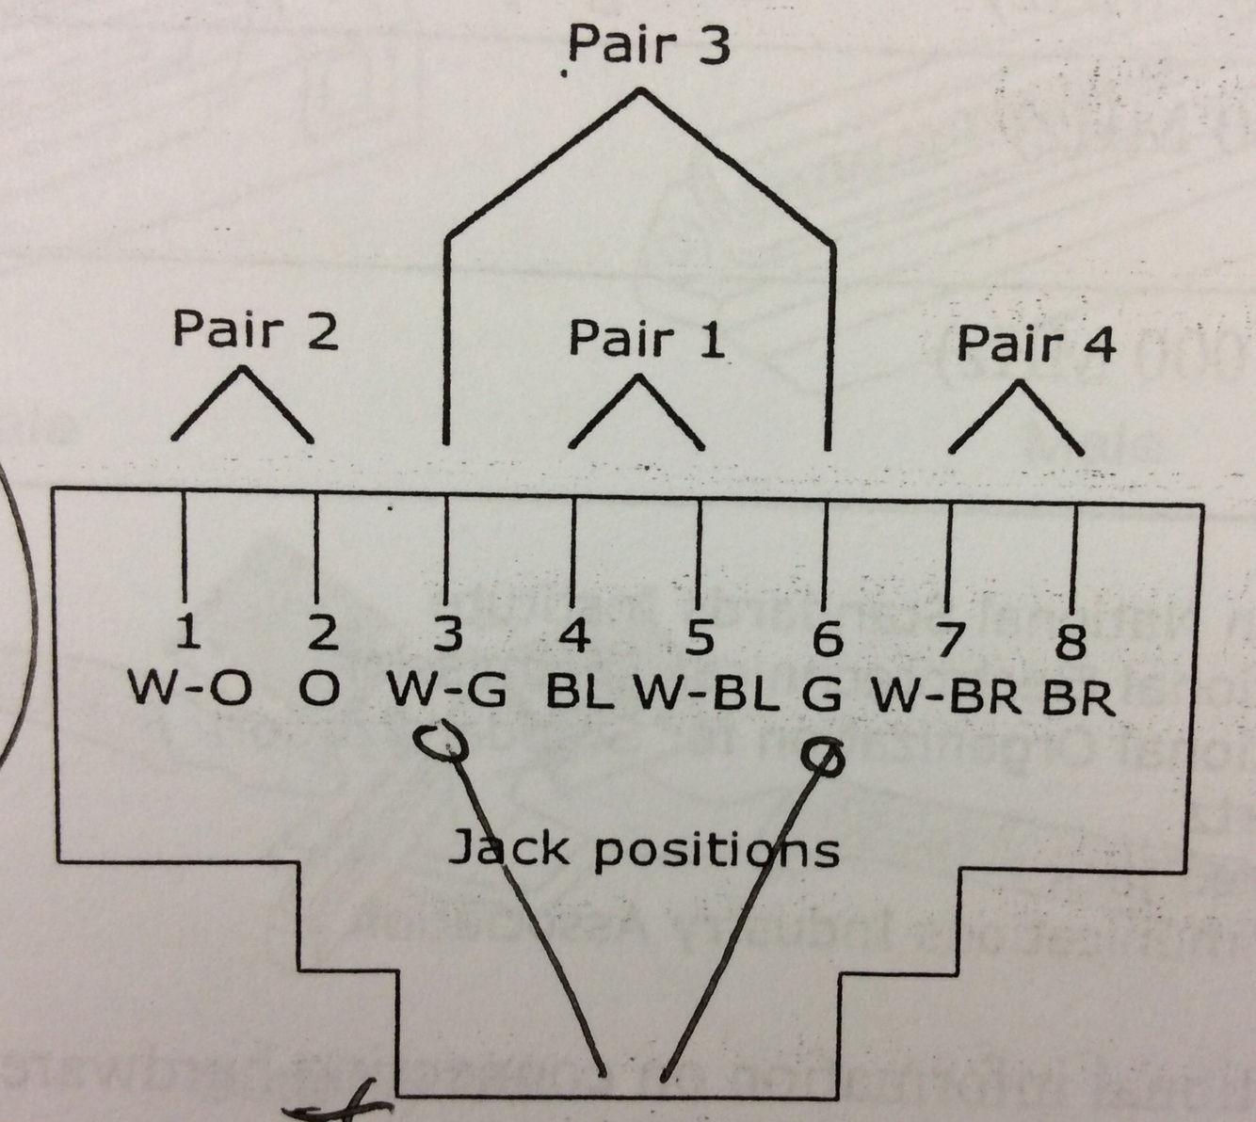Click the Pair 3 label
tap(650, 44)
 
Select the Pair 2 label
tap(256, 330)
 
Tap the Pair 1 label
tap(648, 338)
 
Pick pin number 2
tap(321, 633)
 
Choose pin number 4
tap(574, 637)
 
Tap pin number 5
tap(699, 638)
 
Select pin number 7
tap(949, 642)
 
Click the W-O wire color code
tap(190, 690)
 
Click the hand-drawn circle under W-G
tap(439, 742)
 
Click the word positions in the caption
tap(717, 850)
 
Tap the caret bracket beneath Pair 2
tap(242, 406)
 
